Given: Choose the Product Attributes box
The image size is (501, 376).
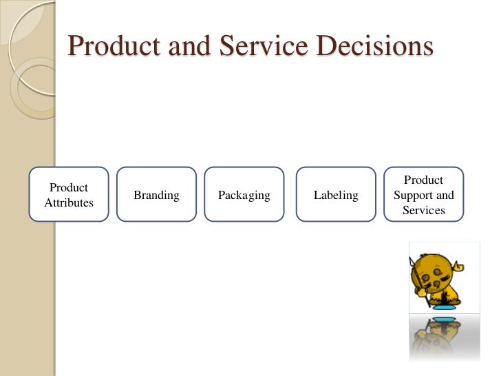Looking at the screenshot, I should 69,194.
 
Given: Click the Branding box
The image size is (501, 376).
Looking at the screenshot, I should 156,195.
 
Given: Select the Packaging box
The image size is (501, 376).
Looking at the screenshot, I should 244,195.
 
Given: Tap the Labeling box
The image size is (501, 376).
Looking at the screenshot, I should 336,195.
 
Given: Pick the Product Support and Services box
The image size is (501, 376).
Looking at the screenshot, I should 423,195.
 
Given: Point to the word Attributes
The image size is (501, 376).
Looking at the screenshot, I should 69,203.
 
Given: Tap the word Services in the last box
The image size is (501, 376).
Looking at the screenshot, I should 423,211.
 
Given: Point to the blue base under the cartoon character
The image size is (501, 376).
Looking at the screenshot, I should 444,317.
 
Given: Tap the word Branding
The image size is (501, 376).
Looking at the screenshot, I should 156,196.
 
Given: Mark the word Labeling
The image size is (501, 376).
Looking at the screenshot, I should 336,196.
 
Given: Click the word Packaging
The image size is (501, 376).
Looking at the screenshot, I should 244,196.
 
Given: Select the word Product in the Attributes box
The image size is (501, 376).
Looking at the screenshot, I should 69,187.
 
